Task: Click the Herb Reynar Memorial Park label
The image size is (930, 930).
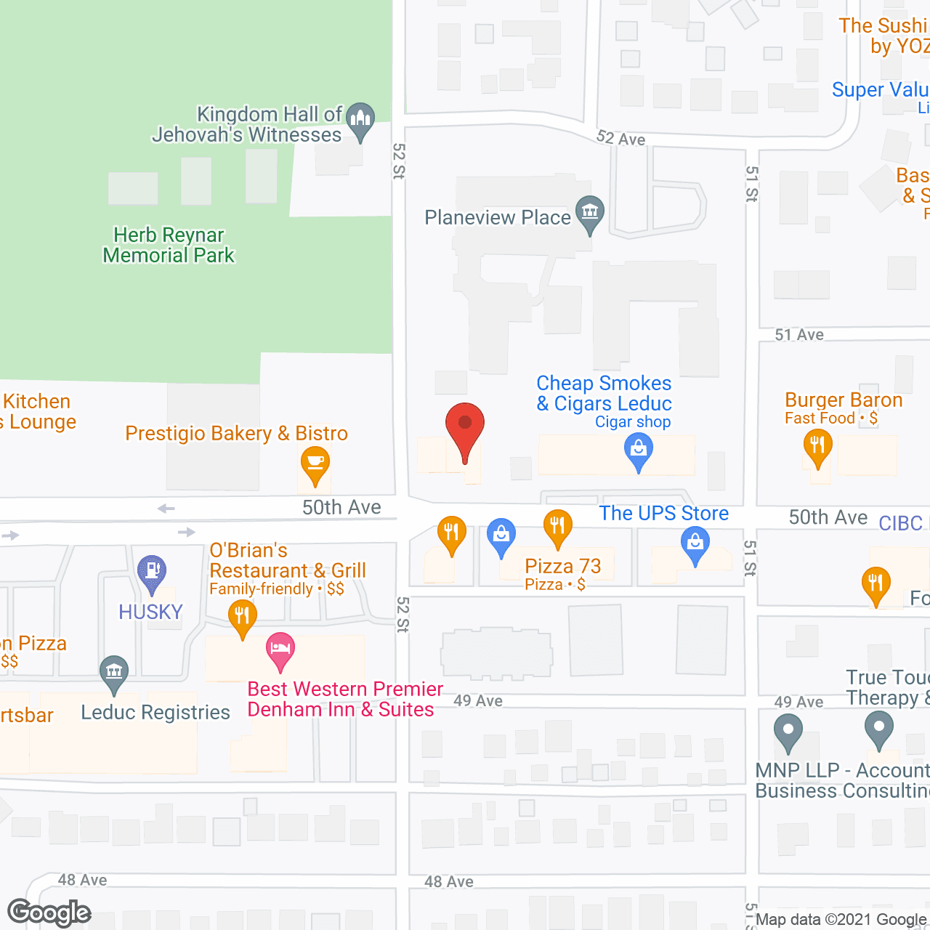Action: pos(169,246)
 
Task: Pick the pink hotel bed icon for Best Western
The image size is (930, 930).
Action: pos(280,649)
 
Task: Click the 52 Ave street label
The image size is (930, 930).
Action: pos(620,138)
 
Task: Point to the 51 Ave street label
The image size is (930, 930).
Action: pos(799,335)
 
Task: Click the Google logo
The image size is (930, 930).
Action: pos(49,913)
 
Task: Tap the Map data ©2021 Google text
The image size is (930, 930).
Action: pos(841,920)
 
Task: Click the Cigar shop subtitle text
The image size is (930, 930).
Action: pos(633,422)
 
